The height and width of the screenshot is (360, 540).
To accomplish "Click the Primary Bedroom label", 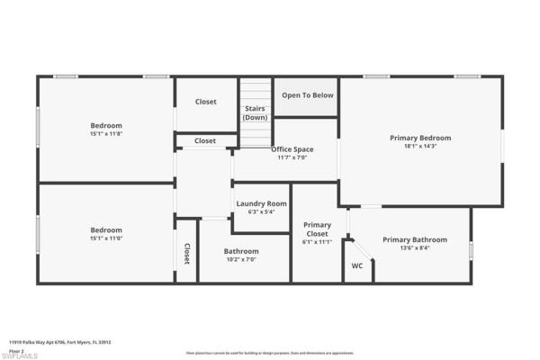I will [x=419, y=138].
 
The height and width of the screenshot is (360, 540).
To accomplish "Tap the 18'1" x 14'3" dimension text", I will [x=419, y=147].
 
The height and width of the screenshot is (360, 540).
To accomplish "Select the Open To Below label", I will [x=308, y=94].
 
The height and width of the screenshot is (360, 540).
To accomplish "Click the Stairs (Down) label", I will [x=256, y=112].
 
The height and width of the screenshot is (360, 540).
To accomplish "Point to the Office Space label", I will [x=292, y=148].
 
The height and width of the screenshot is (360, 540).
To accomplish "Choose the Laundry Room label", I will [x=261, y=203].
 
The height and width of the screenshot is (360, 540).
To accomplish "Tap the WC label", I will [x=356, y=265].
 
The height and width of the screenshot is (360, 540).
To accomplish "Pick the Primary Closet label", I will [x=317, y=229].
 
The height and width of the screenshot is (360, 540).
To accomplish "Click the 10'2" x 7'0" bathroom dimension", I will [x=240, y=259].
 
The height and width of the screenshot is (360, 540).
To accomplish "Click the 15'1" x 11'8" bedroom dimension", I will [x=105, y=134].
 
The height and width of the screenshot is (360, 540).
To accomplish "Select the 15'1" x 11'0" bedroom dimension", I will [x=105, y=238].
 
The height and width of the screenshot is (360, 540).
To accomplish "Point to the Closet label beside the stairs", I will [x=205, y=102].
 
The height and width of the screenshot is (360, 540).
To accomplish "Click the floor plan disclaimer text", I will [x=269, y=354].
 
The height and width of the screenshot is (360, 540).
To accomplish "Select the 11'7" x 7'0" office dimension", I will [x=292, y=157].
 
